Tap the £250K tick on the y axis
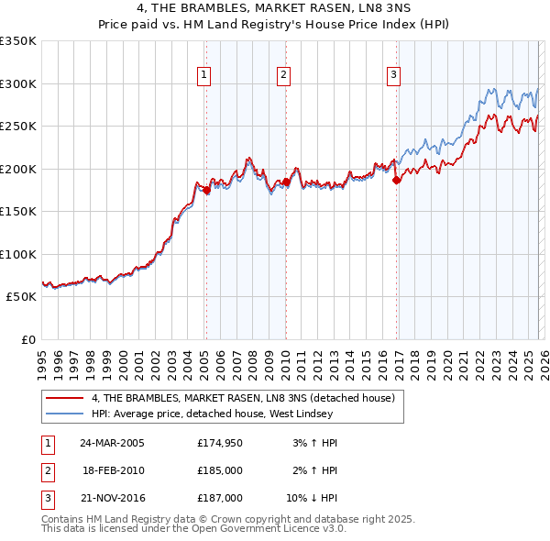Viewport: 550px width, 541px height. (18, 127)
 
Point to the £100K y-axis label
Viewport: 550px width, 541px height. (18, 254)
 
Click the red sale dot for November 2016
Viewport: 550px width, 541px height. (397, 181)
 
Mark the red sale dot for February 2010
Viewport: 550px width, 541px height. (286, 182)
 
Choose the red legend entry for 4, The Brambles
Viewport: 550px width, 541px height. (243, 398)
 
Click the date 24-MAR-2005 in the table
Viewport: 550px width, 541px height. (112, 443)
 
